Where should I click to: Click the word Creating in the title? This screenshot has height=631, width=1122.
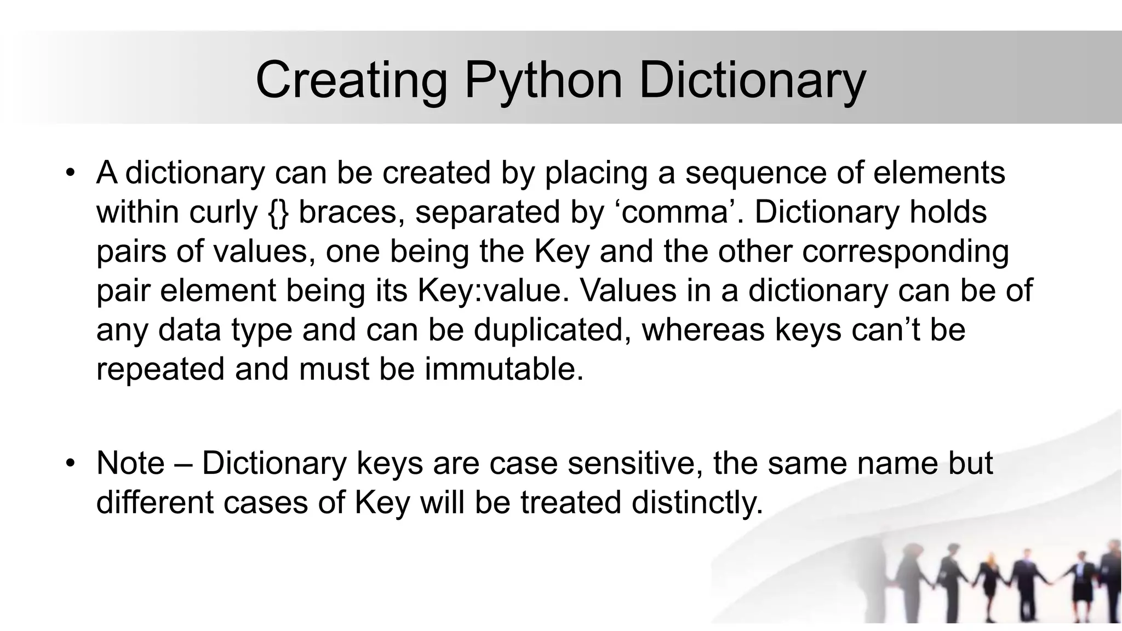pyautogui.click(x=351, y=81)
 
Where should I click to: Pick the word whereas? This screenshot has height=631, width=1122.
pyautogui.click(x=703, y=330)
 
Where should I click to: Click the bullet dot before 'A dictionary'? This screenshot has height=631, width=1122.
pyautogui.click(x=69, y=173)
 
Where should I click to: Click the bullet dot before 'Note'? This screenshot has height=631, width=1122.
pyautogui.click(x=69, y=463)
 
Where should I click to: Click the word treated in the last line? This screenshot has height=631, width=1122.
pyautogui.click(x=570, y=502)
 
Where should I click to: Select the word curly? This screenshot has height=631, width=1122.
pyautogui.click(x=223, y=213)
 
